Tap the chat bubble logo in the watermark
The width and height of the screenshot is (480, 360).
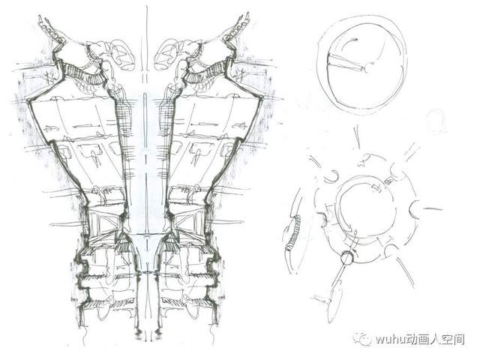362,338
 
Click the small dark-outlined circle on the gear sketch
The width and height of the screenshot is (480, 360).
346,258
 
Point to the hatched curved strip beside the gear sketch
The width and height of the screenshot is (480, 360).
294,232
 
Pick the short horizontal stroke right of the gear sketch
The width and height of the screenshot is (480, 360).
433,209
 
